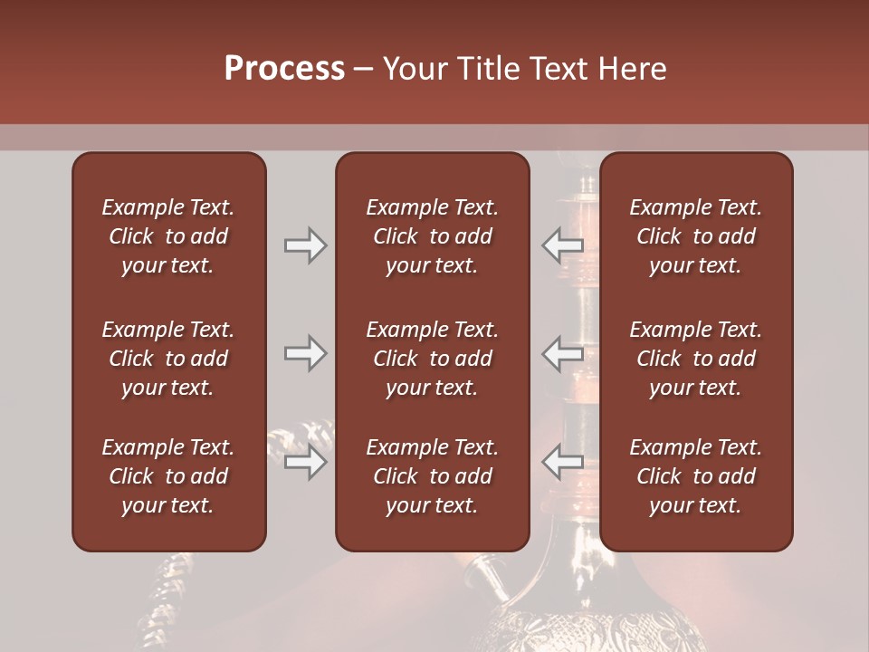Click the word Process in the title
[284, 69]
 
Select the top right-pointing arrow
[305, 245]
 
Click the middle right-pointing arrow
[305, 353]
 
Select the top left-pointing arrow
[562, 245]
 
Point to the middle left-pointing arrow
[562, 353]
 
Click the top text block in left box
[168, 236]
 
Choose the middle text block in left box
[168, 359]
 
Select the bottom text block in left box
[168, 476]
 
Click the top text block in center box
[432, 236]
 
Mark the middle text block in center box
[432, 359]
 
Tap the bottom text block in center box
[432, 476]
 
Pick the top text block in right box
[695, 236]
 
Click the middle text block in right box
[695, 359]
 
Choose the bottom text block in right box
[695, 476]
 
